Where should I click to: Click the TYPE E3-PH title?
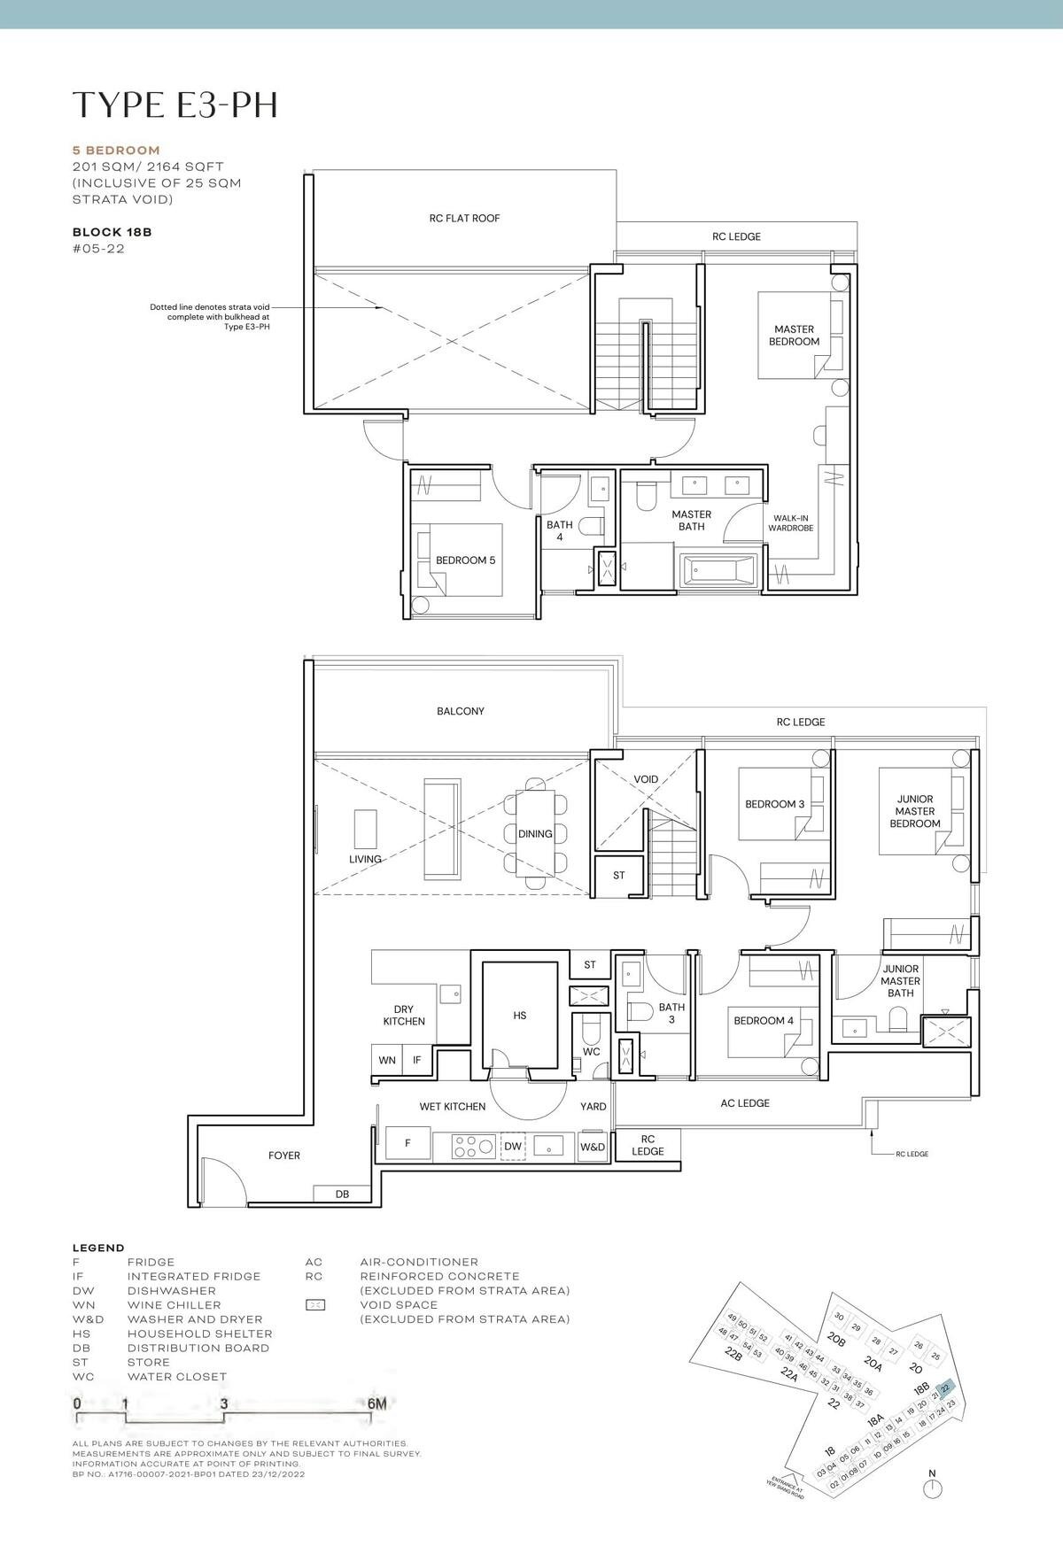(175, 104)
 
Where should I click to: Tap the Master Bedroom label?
(794, 336)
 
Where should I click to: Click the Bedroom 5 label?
(465, 560)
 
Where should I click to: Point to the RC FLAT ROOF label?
(464, 218)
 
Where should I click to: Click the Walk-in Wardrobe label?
(790, 523)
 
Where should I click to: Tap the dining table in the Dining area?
(535, 832)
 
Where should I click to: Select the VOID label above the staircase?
(646, 779)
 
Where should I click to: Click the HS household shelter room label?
(520, 1016)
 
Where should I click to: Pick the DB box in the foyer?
(342, 1194)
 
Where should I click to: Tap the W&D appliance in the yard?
(593, 1147)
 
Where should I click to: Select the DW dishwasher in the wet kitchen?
(513, 1147)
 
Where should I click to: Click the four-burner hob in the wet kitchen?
(473, 1147)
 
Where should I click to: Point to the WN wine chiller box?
(387, 1060)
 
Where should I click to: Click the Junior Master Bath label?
(900, 981)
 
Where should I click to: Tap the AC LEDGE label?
(744, 1103)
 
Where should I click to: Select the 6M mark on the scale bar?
(376, 1403)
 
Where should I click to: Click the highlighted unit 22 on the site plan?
(945, 1387)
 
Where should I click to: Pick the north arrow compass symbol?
(931, 1489)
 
